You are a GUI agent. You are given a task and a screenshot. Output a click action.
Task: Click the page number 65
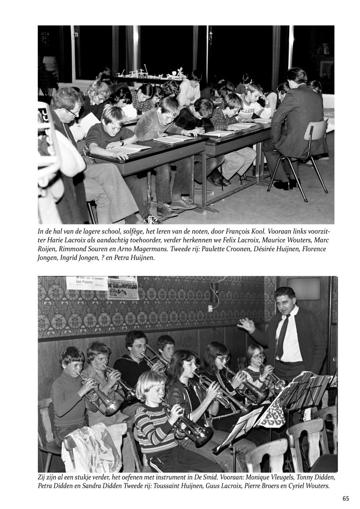coord(346,499)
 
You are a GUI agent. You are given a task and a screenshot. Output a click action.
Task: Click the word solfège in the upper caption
coord(133,231)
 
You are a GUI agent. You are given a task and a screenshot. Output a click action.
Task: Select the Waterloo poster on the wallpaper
coord(123,288)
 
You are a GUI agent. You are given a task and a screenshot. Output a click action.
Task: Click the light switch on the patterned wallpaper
coord(210,308)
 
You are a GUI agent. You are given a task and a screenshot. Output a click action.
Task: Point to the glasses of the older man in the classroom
coord(73,113)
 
